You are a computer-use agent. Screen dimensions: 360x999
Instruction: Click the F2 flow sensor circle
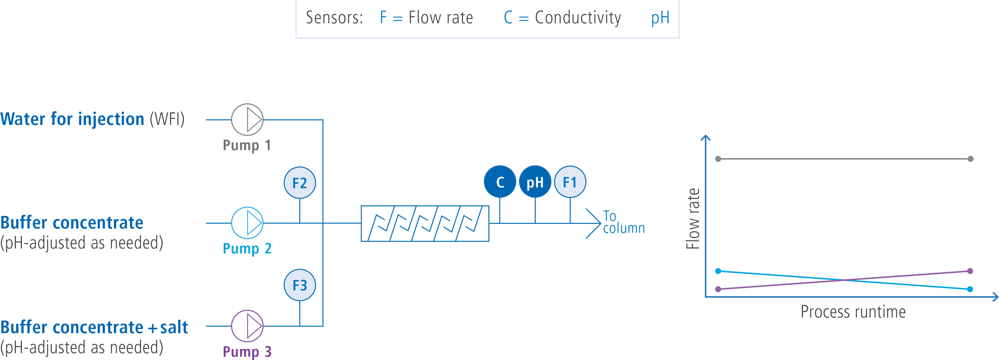(300, 183)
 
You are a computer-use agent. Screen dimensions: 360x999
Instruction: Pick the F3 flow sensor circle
(300, 285)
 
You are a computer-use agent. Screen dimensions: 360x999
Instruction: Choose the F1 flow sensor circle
(570, 182)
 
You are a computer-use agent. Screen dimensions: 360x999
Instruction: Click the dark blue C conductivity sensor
(500, 182)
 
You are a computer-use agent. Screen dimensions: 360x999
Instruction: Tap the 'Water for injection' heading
(72, 119)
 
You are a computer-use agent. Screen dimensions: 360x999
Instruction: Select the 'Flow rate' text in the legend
(441, 18)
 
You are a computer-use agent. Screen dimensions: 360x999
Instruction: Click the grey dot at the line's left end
(718, 159)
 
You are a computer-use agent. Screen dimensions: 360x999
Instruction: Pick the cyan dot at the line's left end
(718, 271)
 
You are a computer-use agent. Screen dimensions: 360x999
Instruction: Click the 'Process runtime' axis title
(853, 312)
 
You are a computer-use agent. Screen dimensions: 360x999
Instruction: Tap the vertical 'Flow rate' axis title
(693, 218)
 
